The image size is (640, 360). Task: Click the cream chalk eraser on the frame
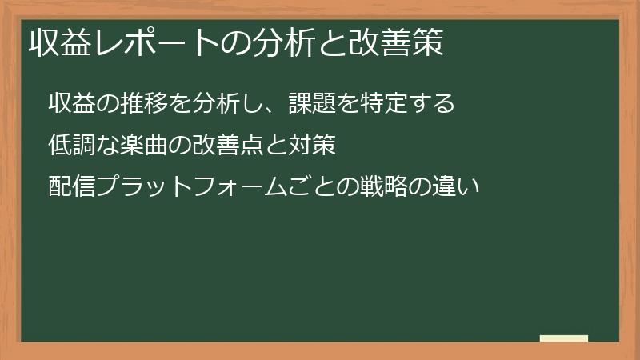click(x=564, y=339)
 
